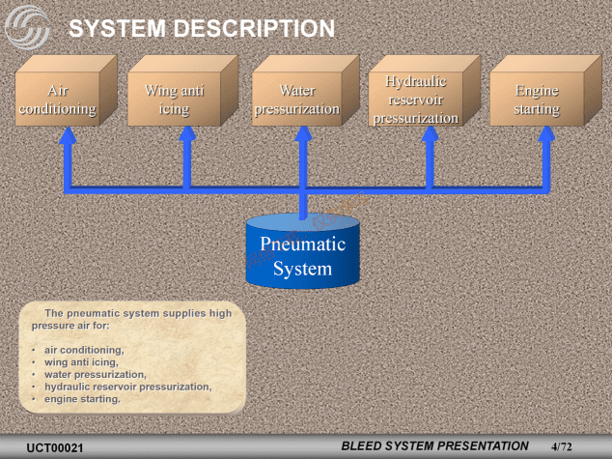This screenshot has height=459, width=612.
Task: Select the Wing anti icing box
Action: [x=174, y=100]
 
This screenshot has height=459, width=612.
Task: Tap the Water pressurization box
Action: [x=297, y=100]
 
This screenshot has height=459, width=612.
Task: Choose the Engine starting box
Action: [x=537, y=100]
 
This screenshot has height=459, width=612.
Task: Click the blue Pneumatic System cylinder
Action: [x=303, y=253]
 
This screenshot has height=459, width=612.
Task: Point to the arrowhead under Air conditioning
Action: [x=68, y=136]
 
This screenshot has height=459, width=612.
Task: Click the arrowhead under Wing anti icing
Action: [x=186, y=136]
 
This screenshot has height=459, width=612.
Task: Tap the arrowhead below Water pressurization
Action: [x=303, y=136]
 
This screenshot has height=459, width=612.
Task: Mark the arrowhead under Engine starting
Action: [x=548, y=136]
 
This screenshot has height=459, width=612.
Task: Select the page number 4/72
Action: [x=562, y=447]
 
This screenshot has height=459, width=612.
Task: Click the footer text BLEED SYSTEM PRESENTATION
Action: [x=435, y=445]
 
